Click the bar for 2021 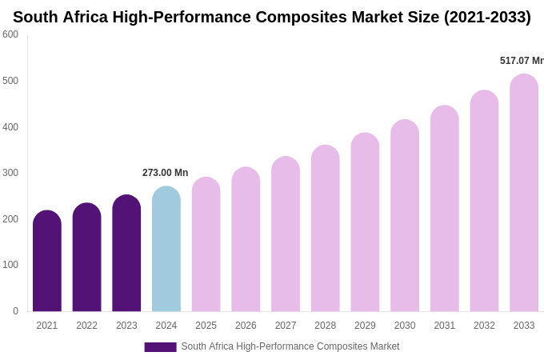click(x=47, y=262)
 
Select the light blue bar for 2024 click(x=166, y=250)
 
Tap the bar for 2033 click(x=524, y=194)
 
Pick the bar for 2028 click(x=326, y=229)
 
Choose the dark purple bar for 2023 click(x=126, y=254)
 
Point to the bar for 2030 click(x=405, y=216)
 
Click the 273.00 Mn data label click(x=165, y=173)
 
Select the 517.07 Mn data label click(x=521, y=61)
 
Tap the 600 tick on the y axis click(x=10, y=34)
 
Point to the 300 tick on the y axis click(x=10, y=173)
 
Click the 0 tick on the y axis click(x=15, y=311)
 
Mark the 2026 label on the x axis click(x=246, y=326)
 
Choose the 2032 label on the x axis click(x=484, y=326)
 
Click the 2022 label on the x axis click(x=86, y=326)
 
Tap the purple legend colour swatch click(x=160, y=347)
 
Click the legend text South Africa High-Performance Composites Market click(x=290, y=346)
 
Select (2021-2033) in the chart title click(x=487, y=17)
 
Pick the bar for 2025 click(x=206, y=245)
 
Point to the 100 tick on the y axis click(x=10, y=265)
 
